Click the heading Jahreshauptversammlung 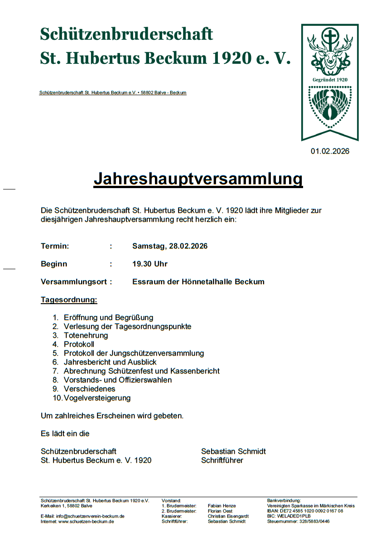pyautogui.click(x=198, y=179)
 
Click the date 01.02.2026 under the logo pyautogui.click(x=330, y=151)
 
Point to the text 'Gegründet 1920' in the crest pyautogui.click(x=330, y=80)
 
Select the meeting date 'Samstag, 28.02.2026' pyautogui.click(x=170, y=246)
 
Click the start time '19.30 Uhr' pyautogui.click(x=150, y=264)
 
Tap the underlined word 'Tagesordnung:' pyautogui.click(x=69, y=300)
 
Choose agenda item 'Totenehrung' pyautogui.click(x=86, y=335)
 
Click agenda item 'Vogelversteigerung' pyautogui.click(x=97, y=398)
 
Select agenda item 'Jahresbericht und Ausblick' pyautogui.click(x=110, y=362)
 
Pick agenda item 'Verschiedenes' pyautogui.click(x=89, y=389)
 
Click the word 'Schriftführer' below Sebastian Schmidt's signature pyautogui.click(x=222, y=460)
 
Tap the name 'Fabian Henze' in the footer pyautogui.click(x=222, y=505)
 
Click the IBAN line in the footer pyautogui.click(x=305, y=511)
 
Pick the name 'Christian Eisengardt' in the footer pyautogui.click(x=228, y=516)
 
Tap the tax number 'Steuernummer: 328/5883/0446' pyautogui.click(x=298, y=522)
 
